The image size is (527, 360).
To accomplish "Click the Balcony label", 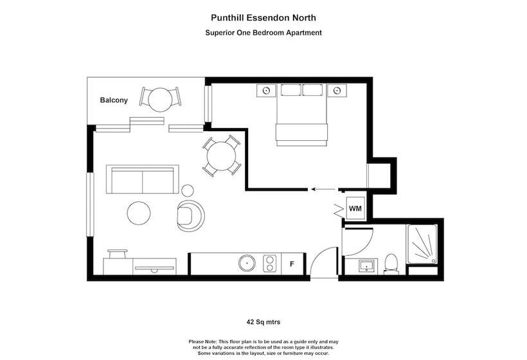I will point(114,100).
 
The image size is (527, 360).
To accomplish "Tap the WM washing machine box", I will point(355,208).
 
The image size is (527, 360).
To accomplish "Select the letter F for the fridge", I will point(292,264).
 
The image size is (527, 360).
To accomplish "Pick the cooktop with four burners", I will point(270,263).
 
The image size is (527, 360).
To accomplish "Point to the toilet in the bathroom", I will point(391,264).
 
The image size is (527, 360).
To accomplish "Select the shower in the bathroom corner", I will point(422,244).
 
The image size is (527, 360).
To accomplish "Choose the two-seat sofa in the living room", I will point(142,179).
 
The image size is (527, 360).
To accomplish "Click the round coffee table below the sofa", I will point(139,213).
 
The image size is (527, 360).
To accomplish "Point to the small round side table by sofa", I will point(188,190).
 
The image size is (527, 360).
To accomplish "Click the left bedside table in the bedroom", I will point(266,90).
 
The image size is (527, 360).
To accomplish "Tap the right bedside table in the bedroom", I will point(337,90).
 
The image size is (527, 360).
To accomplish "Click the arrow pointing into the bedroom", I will point(323,189).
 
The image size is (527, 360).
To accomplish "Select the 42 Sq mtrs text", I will point(263,322).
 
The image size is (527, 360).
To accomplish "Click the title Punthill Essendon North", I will point(263,18).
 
